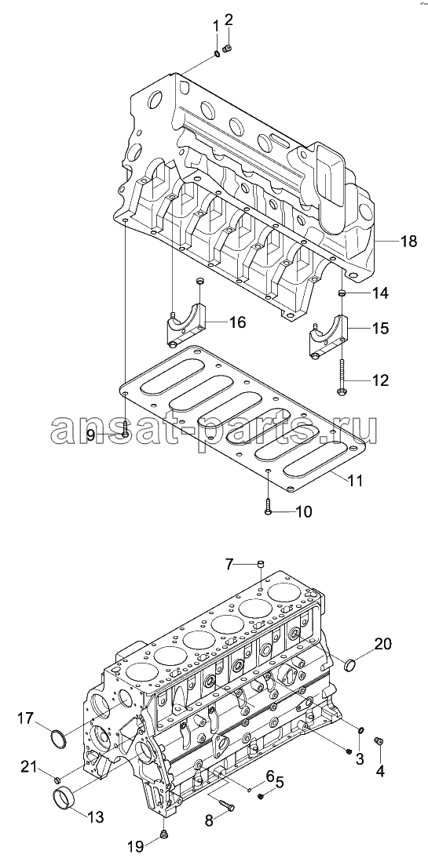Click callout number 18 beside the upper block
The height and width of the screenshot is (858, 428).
[408, 241]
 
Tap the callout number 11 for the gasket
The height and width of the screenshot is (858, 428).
[354, 481]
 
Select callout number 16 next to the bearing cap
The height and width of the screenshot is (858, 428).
[237, 322]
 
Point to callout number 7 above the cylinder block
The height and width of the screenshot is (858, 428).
[229, 563]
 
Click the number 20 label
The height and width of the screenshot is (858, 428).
[383, 645]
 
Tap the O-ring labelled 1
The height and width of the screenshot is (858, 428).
[217, 53]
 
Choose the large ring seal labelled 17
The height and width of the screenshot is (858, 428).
[59, 739]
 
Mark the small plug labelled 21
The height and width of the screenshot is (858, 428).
[57, 780]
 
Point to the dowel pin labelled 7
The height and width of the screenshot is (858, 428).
[262, 564]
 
